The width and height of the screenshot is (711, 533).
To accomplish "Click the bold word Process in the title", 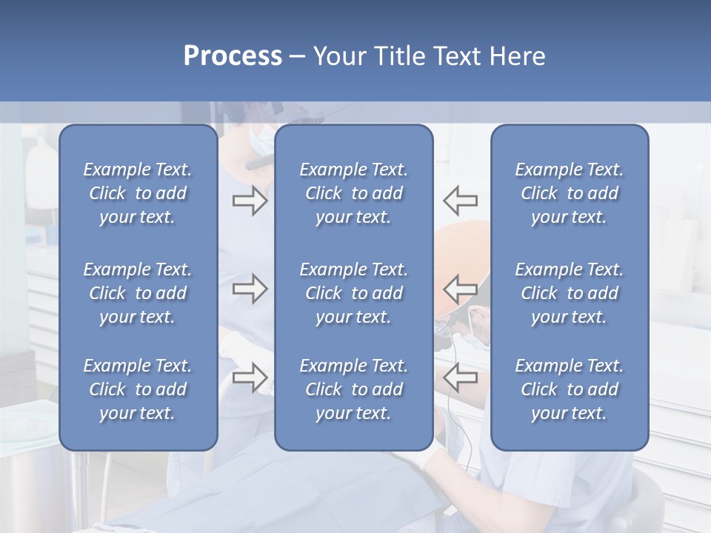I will (x=233, y=56).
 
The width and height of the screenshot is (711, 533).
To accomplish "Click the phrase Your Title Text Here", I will (x=429, y=56).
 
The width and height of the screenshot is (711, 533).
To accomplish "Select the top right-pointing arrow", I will (x=250, y=201).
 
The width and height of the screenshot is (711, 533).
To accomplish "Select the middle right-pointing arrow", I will (x=250, y=289).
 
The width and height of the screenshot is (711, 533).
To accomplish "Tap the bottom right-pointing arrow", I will (x=250, y=377).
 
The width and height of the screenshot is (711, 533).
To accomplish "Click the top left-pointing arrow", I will (x=460, y=200).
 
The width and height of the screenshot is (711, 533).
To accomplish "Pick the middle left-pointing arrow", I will (x=460, y=288).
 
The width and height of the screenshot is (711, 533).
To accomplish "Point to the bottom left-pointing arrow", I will (x=460, y=377).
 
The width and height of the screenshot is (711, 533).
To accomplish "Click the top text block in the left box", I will (x=138, y=193).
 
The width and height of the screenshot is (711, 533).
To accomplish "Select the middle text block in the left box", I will (x=138, y=293).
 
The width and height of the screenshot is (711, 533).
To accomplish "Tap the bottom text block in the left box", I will (x=138, y=389).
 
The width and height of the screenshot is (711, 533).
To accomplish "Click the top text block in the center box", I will (x=354, y=193).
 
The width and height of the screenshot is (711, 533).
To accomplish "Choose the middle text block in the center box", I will (x=354, y=293).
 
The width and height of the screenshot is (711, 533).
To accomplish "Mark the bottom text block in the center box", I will (x=354, y=389).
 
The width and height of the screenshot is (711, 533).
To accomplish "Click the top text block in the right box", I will (x=570, y=193).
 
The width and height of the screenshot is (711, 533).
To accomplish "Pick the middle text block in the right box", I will (x=570, y=293).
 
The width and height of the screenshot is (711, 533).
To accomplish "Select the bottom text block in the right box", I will (x=570, y=389).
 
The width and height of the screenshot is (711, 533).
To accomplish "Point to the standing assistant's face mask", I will (x=261, y=138).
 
